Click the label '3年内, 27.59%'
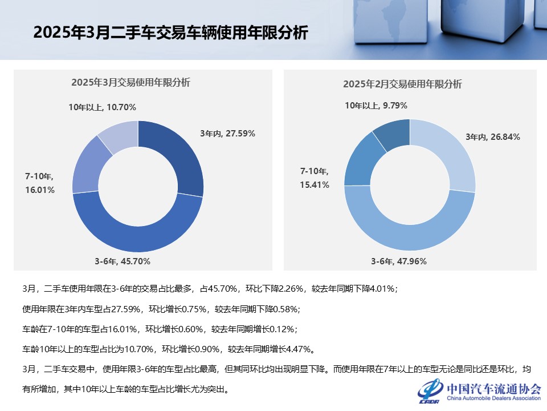click(227, 134)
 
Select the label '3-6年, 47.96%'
click(398, 261)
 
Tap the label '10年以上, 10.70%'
click(102, 107)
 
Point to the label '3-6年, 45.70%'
click(123, 261)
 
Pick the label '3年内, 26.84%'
click(493, 137)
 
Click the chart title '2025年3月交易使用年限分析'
click(130, 82)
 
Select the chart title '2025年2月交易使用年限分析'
click(402, 84)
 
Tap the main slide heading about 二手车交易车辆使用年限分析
click(170, 33)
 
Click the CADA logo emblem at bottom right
click(431, 390)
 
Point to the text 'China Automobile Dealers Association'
click(493, 398)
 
